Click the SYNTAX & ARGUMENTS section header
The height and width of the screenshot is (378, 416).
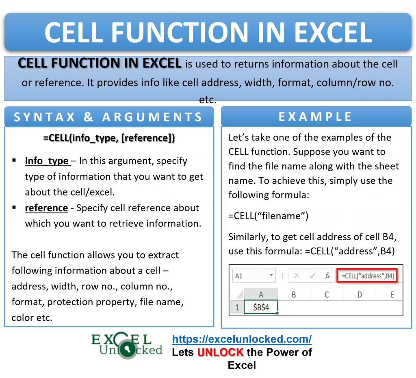click(108, 117)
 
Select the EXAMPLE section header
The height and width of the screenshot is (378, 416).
click(315, 117)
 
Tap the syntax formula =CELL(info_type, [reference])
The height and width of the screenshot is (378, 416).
click(109, 138)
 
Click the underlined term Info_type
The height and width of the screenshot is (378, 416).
click(47, 161)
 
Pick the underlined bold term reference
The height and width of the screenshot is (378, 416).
click(46, 208)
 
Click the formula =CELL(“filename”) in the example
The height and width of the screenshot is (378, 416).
click(268, 216)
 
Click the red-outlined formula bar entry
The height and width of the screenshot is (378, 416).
click(368, 276)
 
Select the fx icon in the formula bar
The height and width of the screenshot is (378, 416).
click(327, 276)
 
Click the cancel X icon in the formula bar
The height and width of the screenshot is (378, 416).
click(297, 276)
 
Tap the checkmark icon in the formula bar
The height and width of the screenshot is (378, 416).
click(312, 276)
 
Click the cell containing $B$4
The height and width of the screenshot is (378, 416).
click(260, 308)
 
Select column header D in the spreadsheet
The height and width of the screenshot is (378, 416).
click(360, 295)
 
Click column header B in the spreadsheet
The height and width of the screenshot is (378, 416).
click(293, 295)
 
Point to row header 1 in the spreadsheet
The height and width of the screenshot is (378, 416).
click(237, 308)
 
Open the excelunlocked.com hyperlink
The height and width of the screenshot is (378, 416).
click(242, 339)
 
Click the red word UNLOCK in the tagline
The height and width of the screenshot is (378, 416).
click(221, 352)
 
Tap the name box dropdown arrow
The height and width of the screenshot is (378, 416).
click(271, 276)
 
